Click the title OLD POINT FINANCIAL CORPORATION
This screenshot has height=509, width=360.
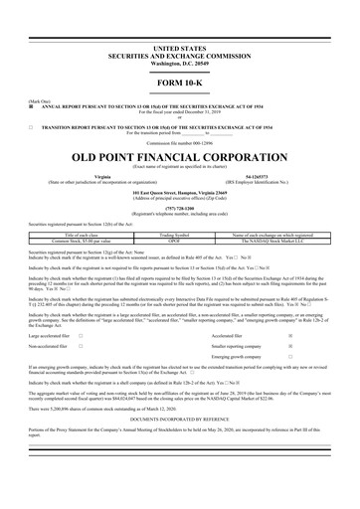pos(179,157)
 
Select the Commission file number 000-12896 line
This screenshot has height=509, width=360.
pos(179,143)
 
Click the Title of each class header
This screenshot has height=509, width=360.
pos(83,235)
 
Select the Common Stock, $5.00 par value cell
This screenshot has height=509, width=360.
pos(83,241)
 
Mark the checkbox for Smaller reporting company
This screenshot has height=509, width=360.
pos(289,350)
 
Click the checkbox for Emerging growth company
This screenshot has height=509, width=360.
pos(289,362)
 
